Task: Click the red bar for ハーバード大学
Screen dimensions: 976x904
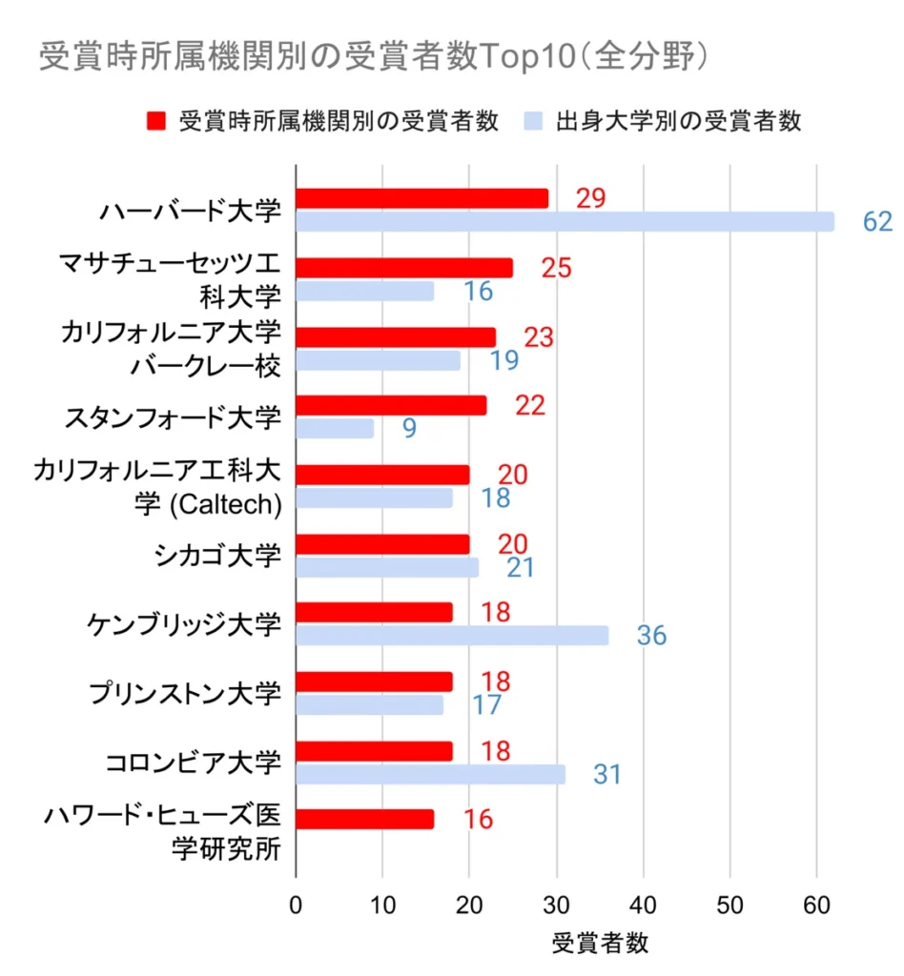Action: [x=421, y=198]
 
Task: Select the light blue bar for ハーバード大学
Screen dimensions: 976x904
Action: [x=565, y=222]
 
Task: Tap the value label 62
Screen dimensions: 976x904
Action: [x=876, y=222]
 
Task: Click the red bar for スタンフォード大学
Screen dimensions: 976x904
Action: [x=391, y=405]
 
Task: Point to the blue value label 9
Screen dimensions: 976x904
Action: [x=409, y=429]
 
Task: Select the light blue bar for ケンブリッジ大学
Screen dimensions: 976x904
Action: [x=452, y=636]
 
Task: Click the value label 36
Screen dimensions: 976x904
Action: [x=651, y=637]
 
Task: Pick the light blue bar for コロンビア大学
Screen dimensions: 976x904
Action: [x=430, y=774]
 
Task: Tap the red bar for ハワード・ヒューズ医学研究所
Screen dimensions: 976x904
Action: [x=365, y=820]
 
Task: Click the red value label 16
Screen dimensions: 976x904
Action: [x=479, y=820]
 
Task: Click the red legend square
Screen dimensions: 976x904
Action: [x=157, y=122]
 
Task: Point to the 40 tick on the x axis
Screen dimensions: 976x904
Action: [x=643, y=902]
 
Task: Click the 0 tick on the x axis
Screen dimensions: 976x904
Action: [x=297, y=902]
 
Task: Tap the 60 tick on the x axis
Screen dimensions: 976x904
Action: [x=816, y=902]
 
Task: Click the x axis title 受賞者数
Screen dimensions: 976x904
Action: [x=600, y=944]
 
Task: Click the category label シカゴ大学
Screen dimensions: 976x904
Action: [x=218, y=555]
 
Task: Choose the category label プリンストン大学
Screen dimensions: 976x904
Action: [x=186, y=693]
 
